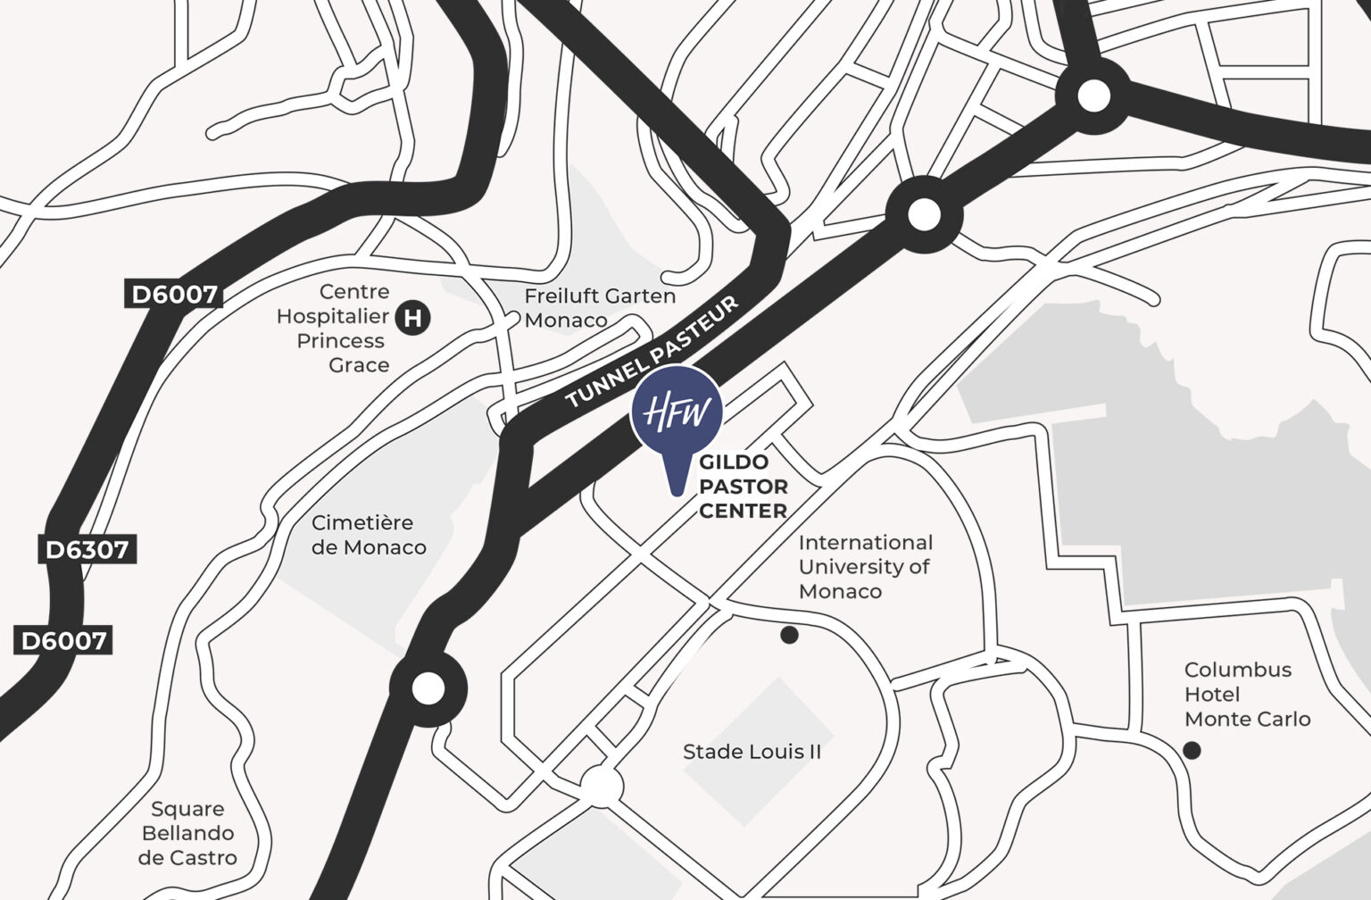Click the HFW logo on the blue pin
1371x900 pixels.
click(x=677, y=412)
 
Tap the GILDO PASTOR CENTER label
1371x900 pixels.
click(x=743, y=487)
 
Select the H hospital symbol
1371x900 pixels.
click(x=412, y=318)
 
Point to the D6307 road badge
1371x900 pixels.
click(x=87, y=549)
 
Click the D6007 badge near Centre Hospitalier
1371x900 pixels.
click(x=175, y=295)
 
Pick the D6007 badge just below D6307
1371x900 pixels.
click(x=63, y=640)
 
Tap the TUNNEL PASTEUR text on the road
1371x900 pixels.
click(x=652, y=353)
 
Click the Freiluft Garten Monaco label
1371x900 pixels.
click(x=600, y=308)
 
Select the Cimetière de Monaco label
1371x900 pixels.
click(x=369, y=535)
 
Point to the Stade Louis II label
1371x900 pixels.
click(x=752, y=752)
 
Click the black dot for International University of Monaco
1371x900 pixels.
click(x=789, y=635)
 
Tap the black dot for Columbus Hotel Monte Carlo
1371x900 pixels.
click(x=1192, y=750)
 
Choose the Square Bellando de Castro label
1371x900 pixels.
click(x=187, y=833)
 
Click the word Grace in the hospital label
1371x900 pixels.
click(x=359, y=365)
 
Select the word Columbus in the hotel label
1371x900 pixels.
click(x=1237, y=670)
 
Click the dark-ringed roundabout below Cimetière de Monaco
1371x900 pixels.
click(x=428, y=688)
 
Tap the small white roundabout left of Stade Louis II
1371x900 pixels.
click(x=603, y=787)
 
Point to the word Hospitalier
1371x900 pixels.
click(x=332, y=316)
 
